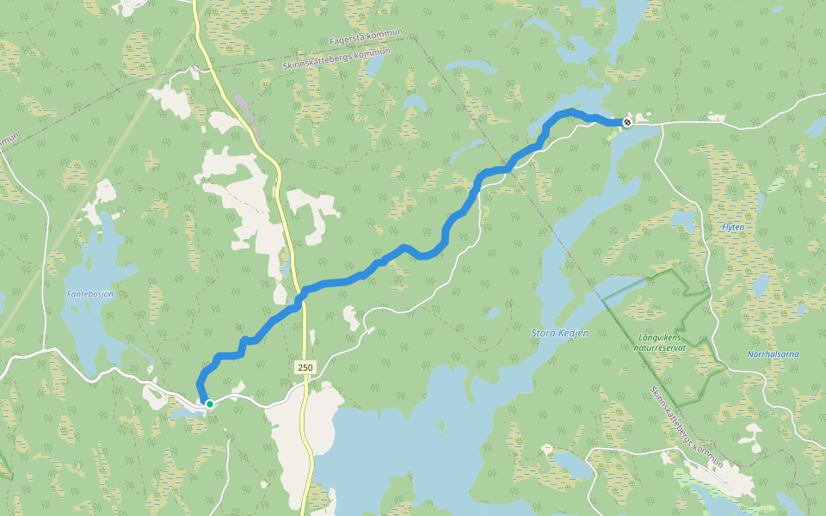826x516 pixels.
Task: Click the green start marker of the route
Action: [x=209, y=402]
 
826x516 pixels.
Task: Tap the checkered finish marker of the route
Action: [x=627, y=122]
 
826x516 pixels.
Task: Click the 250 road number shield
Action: [x=305, y=367]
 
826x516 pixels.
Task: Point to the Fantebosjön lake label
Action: [x=90, y=294]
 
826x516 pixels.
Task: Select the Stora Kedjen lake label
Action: [x=560, y=332]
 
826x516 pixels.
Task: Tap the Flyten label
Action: [x=733, y=227]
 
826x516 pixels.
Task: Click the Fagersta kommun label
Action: [x=366, y=40]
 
